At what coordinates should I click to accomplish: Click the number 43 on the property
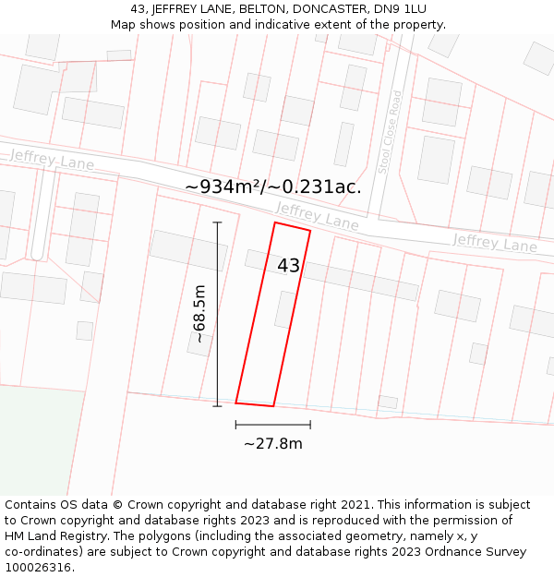(288, 266)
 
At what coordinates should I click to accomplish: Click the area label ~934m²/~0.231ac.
(273, 186)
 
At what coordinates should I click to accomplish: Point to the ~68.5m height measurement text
(199, 315)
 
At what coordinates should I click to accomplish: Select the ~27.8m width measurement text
(272, 444)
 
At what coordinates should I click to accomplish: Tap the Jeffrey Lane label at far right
(495, 243)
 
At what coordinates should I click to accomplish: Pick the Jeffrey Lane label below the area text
(317, 217)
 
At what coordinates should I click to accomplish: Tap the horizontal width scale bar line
(272, 425)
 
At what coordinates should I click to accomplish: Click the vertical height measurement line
(218, 314)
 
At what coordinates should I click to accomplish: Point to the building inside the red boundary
(285, 310)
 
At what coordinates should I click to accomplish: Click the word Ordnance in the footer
(439, 552)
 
